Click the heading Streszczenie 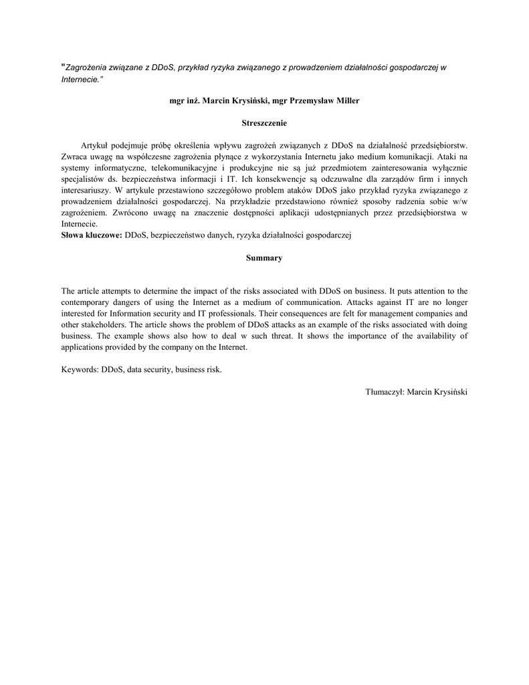click(x=264, y=123)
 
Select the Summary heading click(x=264, y=258)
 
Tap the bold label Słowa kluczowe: click(x=92, y=235)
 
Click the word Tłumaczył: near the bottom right click(x=385, y=391)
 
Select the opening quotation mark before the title click(x=63, y=66)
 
